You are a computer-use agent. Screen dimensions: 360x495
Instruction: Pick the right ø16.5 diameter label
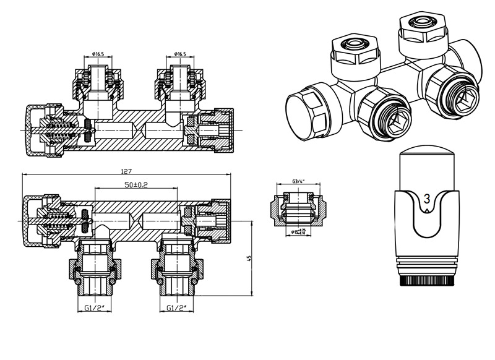point(181,53)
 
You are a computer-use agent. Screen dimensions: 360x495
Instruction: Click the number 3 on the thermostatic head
point(426,199)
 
